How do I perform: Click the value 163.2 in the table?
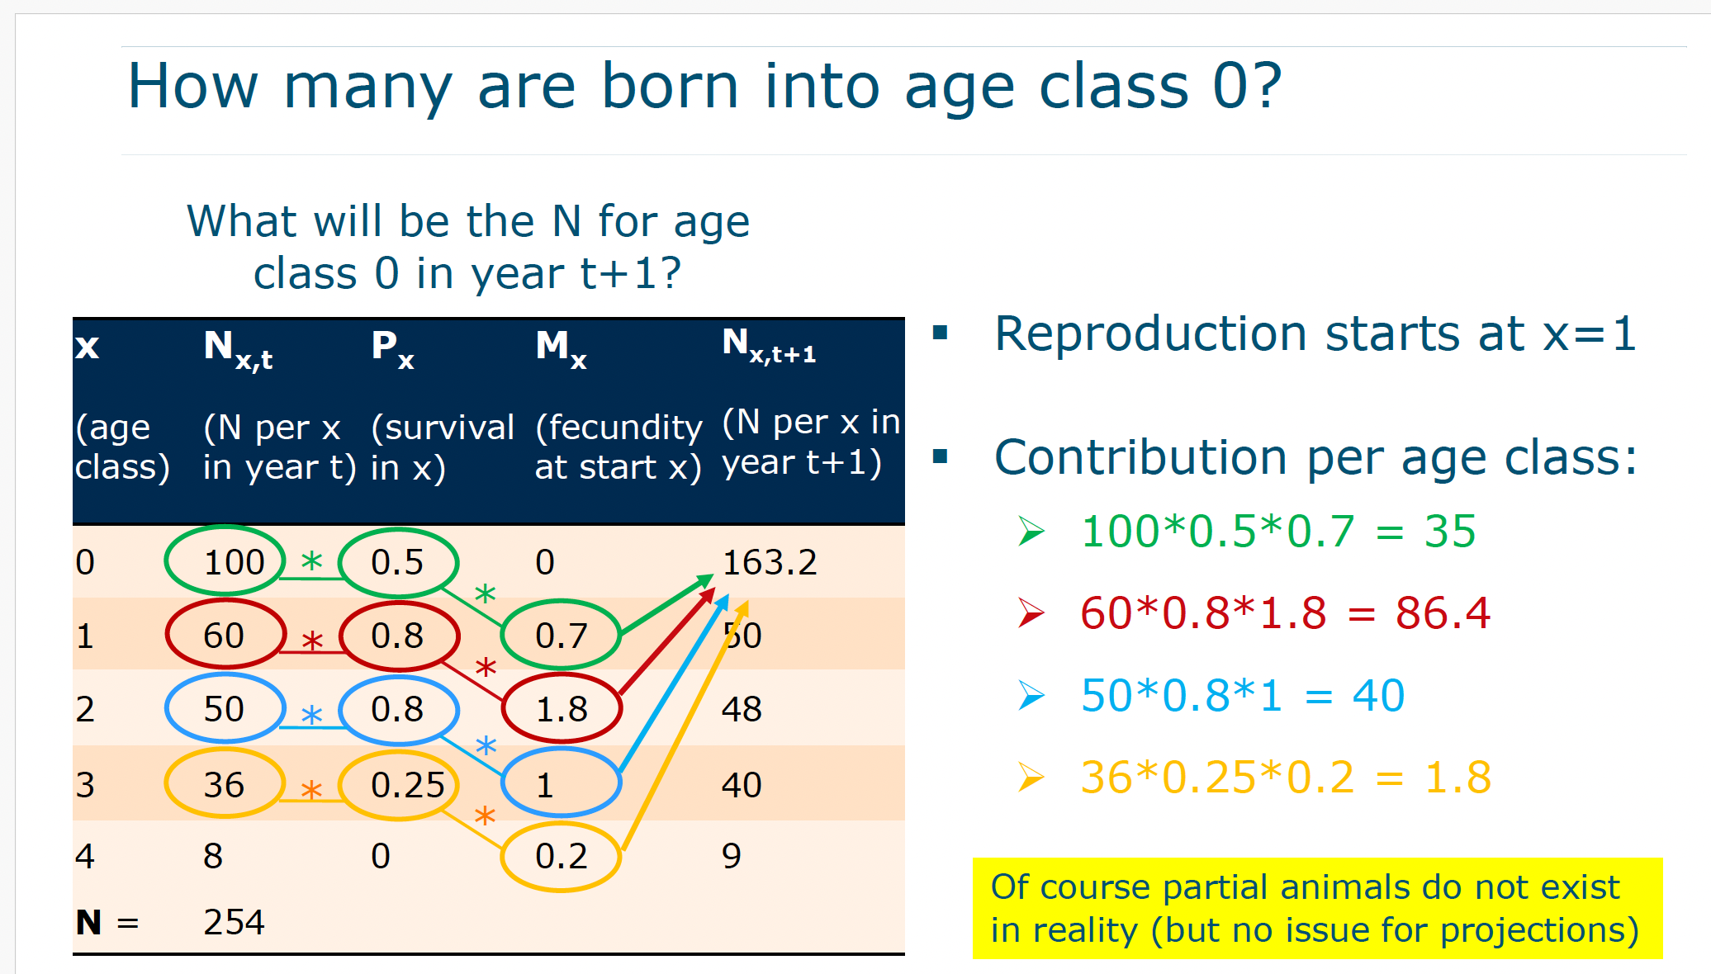click(770, 562)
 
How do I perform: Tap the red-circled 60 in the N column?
click(224, 636)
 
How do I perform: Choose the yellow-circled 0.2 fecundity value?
click(562, 856)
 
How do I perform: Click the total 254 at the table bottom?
click(235, 922)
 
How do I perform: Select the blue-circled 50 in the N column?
click(224, 709)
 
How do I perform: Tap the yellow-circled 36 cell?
click(224, 784)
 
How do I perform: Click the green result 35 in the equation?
click(1450, 531)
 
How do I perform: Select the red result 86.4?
click(1443, 612)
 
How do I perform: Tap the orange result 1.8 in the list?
click(1458, 777)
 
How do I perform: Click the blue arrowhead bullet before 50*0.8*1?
click(1031, 695)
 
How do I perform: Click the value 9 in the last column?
click(732, 856)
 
